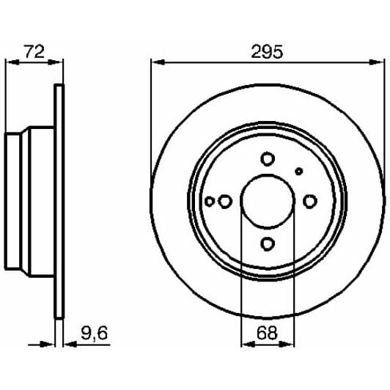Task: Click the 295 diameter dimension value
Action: [x=267, y=52]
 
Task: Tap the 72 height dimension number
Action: [x=34, y=51]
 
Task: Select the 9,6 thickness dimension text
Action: [x=95, y=334]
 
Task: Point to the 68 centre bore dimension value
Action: [x=267, y=333]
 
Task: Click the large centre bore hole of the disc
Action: [x=268, y=202]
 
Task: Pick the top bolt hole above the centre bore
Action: [x=268, y=159]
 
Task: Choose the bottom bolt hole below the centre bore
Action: [x=268, y=243]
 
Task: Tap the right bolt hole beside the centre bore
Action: [x=310, y=201]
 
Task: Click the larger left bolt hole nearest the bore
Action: [x=225, y=201]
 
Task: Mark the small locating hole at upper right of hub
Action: [x=298, y=171]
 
